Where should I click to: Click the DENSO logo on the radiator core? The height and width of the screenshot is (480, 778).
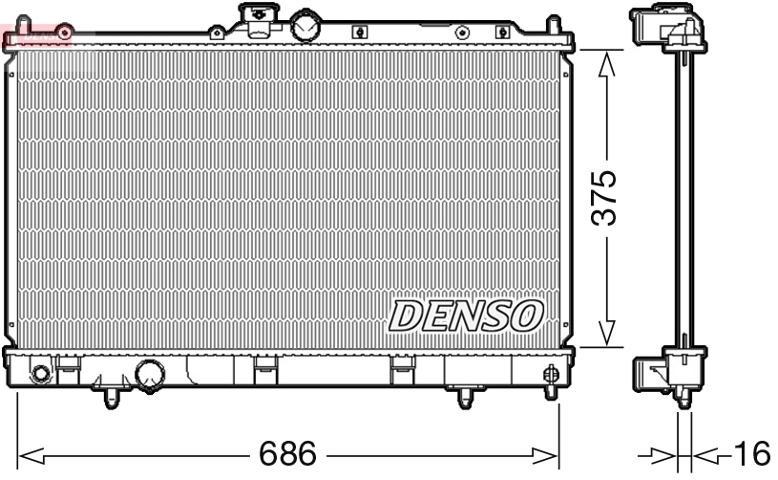point(466,316)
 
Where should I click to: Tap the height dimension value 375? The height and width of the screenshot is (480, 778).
point(603,199)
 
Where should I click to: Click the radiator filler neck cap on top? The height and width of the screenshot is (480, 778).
point(256,18)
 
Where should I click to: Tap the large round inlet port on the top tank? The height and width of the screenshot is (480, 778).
point(306,26)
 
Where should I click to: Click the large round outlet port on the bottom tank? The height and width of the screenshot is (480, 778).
point(150,376)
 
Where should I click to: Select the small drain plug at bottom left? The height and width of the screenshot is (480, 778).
point(41,373)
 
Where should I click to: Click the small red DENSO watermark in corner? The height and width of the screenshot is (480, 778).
point(36,37)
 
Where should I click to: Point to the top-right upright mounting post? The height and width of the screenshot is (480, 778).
point(555,24)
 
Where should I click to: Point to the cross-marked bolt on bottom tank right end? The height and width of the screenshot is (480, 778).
point(551,374)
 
